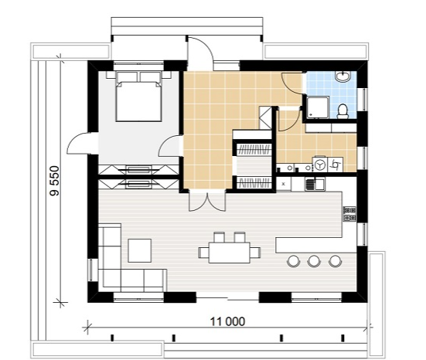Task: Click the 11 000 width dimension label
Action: click(x=227, y=321)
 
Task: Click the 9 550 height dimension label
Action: click(x=55, y=181)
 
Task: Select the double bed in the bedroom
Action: click(x=138, y=96)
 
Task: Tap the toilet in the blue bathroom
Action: click(x=343, y=111)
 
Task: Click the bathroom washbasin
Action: click(x=343, y=76)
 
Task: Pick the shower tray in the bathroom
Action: click(x=318, y=107)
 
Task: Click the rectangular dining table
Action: click(x=230, y=253)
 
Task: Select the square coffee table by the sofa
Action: click(x=140, y=250)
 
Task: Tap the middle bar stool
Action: click(x=314, y=261)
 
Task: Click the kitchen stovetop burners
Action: click(x=349, y=214)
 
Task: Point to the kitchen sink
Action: click(x=315, y=184)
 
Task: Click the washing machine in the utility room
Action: click(x=320, y=165)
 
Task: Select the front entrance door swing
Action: click(x=200, y=49)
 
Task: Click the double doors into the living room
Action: click(x=207, y=202)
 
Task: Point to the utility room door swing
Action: click(x=290, y=121)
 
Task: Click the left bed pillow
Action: click(x=127, y=76)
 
